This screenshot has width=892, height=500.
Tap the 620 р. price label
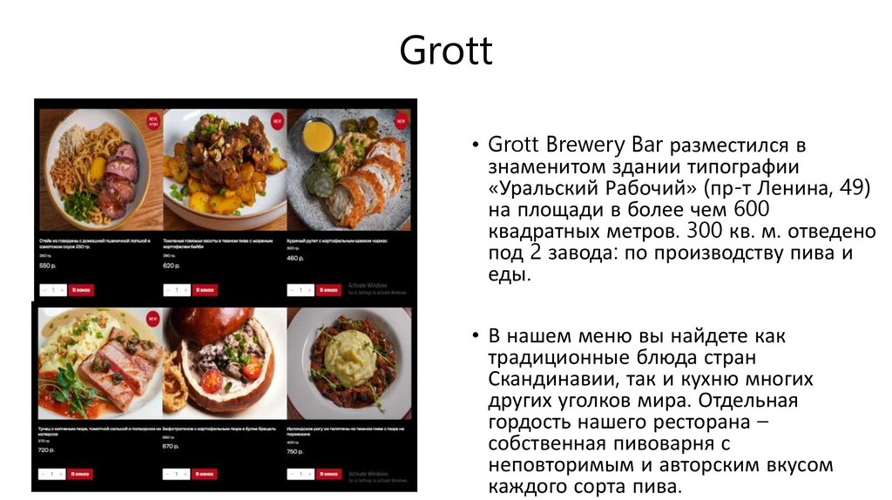(172, 265)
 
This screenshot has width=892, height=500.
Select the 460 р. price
(295, 259)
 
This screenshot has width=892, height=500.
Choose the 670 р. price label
(171, 446)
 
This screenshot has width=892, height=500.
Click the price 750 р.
(295, 451)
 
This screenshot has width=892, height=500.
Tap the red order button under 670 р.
(205, 474)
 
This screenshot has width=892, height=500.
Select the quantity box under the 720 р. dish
(53, 474)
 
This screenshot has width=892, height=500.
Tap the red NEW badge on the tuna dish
(152, 318)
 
